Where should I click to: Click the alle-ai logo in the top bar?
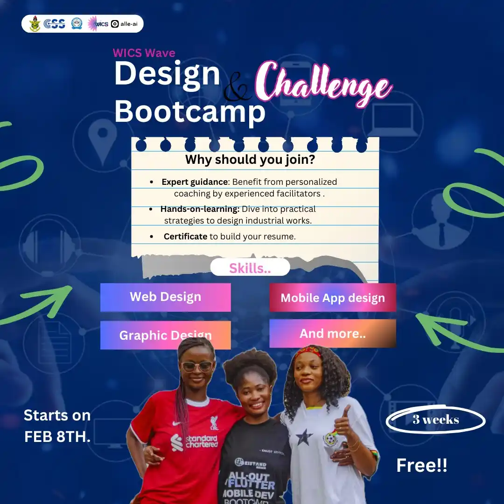point(125,24)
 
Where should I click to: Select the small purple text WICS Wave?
point(144,53)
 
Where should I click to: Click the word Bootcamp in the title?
point(189,112)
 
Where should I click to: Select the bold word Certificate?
point(185,237)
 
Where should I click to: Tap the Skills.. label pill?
point(250,268)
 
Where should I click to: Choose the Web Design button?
point(165,297)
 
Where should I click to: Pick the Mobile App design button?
point(333,298)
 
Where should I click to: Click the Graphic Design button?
point(165,335)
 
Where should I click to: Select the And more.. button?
point(333,334)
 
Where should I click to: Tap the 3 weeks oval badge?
point(435,420)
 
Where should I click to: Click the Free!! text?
point(421,465)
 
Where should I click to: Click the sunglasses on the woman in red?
point(197,366)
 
